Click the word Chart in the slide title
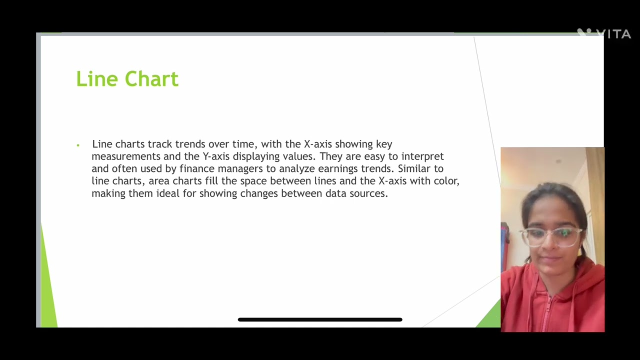click(151, 79)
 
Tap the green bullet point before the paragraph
click(78, 145)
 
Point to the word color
click(446, 180)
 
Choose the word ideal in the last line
click(168, 193)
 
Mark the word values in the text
click(299, 156)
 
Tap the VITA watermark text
click(613, 34)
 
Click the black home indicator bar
click(320, 319)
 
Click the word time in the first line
click(243, 144)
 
